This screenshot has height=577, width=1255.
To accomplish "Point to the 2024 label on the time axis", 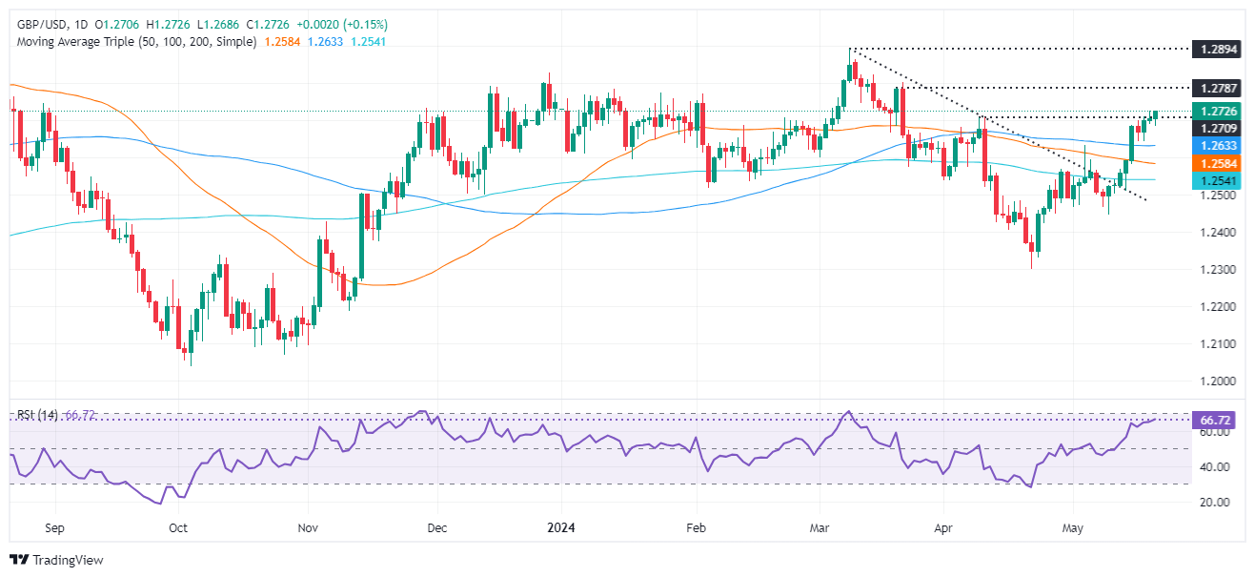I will point(561,525).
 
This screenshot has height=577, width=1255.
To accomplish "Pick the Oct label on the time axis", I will point(178,525).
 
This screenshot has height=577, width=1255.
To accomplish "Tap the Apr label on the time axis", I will point(944,525).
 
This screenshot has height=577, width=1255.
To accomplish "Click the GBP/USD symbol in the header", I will point(43,24).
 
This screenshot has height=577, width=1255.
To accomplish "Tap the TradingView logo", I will point(57,560).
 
